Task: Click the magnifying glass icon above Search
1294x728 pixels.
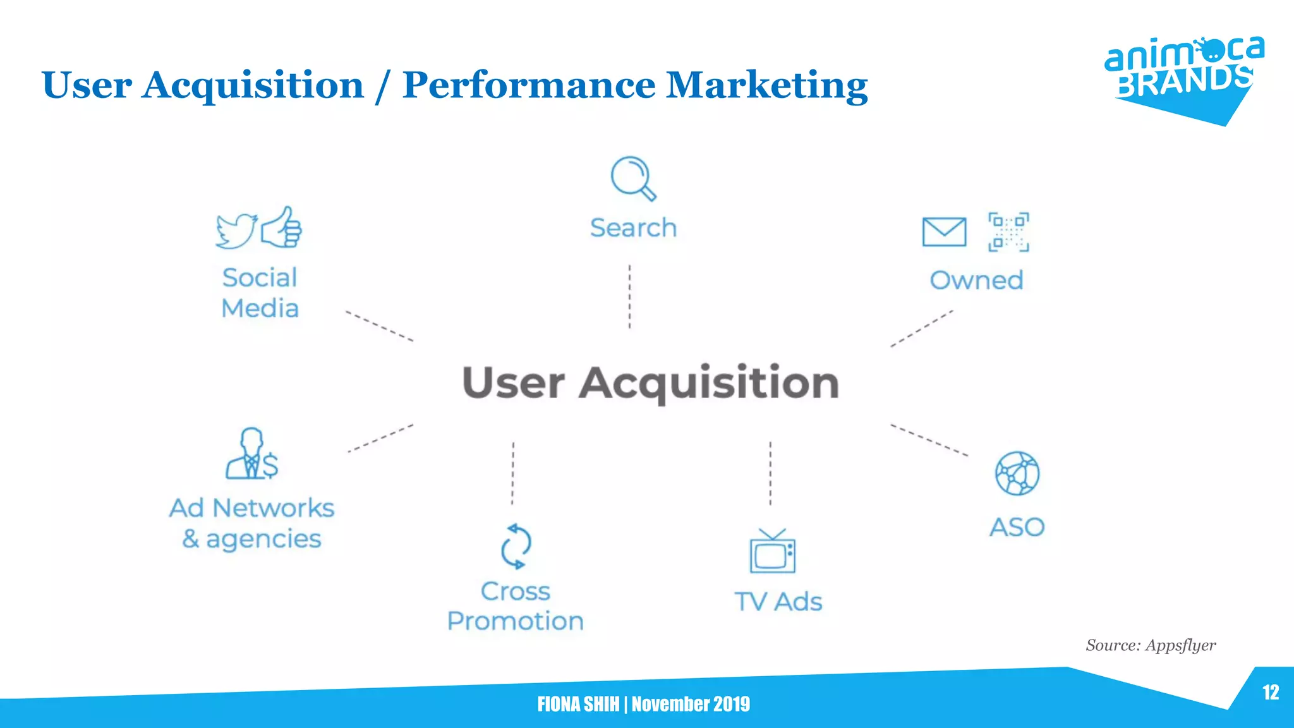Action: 632,178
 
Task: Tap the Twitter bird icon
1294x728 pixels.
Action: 236,230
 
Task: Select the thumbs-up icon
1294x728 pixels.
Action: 282,227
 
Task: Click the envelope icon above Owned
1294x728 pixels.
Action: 944,232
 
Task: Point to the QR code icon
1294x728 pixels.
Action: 1008,232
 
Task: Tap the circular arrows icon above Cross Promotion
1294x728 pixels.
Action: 516,546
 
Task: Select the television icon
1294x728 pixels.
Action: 772,552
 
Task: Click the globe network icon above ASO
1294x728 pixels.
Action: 1017,473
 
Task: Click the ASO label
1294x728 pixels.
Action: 1017,527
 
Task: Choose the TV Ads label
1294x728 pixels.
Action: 778,602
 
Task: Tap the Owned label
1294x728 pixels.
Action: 976,280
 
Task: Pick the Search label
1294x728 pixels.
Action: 633,227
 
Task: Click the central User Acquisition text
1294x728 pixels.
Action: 650,382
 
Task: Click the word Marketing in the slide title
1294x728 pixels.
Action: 767,85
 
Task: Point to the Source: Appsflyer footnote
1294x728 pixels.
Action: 1151,645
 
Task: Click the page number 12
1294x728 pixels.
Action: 1271,693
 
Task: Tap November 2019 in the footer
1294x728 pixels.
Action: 691,704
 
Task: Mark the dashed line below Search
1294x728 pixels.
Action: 629,296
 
